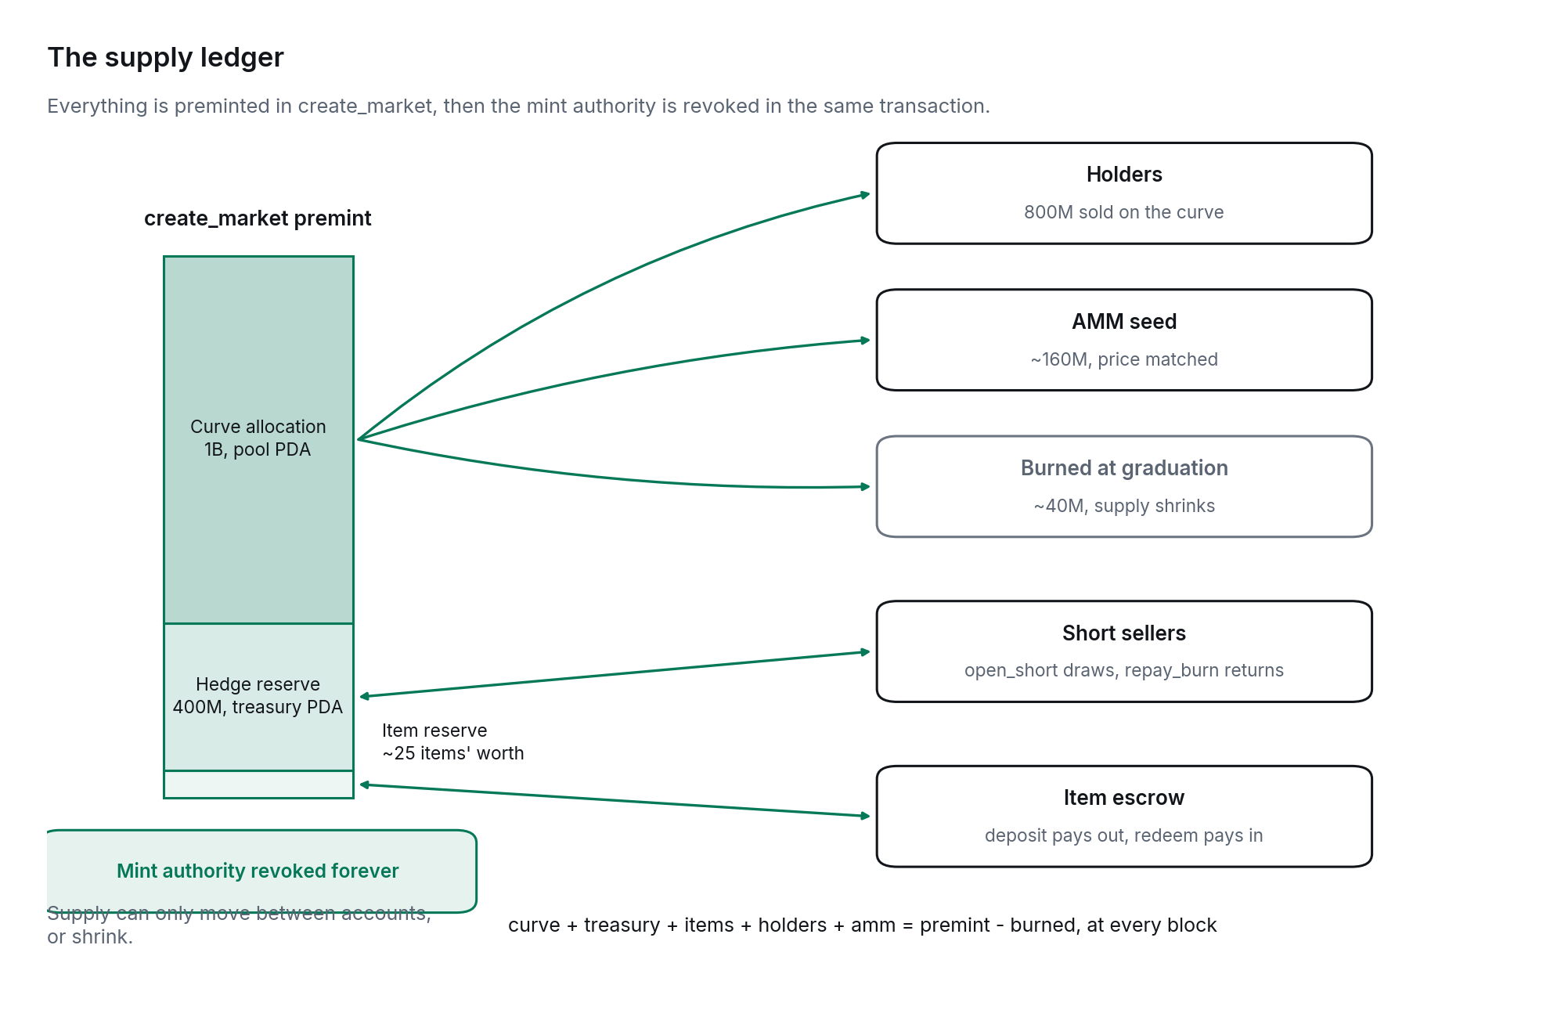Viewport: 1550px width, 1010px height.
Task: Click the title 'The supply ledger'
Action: coord(165,57)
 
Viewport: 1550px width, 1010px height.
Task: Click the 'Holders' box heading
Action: coord(1124,175)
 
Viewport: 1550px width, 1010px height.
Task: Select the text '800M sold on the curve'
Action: coord(1124,212)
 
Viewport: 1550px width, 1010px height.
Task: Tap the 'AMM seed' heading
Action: coord(1124,322)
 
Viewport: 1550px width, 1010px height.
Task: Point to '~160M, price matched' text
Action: coord(1124,359)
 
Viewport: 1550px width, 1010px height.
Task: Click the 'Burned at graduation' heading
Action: coord(1124,468)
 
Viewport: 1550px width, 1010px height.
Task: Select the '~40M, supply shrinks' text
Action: coord(1124,506)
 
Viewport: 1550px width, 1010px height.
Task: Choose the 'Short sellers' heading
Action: coord(1124,633)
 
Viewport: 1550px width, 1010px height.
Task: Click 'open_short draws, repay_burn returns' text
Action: coord(1124,670)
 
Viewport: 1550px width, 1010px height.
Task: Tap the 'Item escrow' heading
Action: coord(1124,798)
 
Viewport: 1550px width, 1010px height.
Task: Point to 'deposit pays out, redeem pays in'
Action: coord(1124,835)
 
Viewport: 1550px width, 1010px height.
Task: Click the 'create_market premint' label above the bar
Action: coord(258,218)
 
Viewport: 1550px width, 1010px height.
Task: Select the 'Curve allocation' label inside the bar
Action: coord(258,427)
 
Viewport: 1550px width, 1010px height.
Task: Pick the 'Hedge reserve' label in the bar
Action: coord(258,684)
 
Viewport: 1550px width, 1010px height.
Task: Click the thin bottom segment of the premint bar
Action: coord(258,785)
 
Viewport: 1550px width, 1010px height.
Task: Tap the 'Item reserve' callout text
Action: coord(434,730)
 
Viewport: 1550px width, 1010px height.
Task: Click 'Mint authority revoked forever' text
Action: coord(258,871)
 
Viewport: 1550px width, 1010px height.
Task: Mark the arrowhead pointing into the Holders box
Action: coord(865,194)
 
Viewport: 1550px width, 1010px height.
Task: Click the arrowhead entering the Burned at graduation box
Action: coord(865,486)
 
